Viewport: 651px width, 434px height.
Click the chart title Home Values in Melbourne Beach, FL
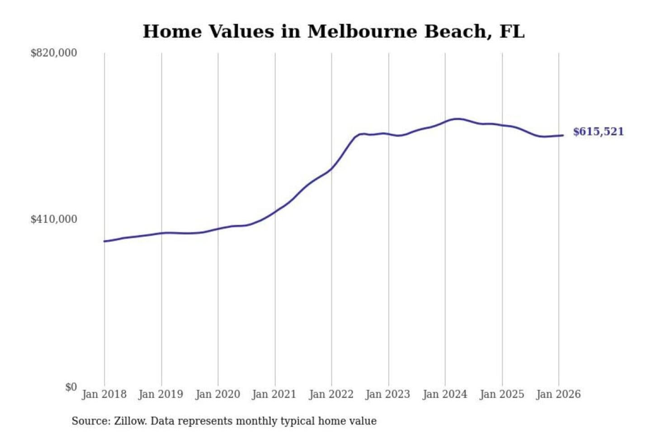334,32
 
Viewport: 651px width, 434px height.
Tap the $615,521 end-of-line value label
598,132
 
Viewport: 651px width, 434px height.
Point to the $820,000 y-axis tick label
54,53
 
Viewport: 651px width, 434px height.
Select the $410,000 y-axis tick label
54,219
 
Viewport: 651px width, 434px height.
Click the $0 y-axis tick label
71,387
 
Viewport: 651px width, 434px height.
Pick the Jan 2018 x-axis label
104,394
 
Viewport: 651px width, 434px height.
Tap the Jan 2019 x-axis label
160,394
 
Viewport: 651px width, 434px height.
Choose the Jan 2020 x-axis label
217,394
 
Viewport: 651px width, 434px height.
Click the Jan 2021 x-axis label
274,394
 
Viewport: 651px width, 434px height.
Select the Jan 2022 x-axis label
331,394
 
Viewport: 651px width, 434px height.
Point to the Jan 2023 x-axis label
387,394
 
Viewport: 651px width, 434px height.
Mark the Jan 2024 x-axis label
444,394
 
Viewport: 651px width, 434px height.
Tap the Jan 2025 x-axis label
501,394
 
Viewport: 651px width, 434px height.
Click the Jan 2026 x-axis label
558,394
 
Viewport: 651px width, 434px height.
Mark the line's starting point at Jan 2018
104,241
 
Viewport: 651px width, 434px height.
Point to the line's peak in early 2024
458,119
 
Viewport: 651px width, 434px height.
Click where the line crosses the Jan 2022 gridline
331,169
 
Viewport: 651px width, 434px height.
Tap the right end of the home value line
563,135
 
